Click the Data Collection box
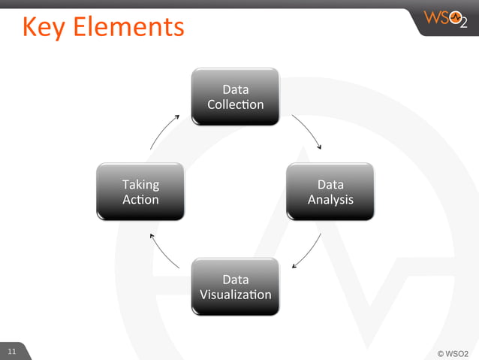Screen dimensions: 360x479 (235, 96)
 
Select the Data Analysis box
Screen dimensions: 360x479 (330, 191)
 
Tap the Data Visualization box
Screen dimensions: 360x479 (235, 286)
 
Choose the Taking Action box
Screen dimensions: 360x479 (140, 191)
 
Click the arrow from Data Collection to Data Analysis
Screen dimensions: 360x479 (308, 131)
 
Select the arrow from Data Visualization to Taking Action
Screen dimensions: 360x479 (163, 251)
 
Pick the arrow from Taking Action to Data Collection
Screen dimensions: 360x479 (163, 131)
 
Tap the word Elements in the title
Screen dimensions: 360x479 (132, 27)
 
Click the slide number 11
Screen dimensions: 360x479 (12, 352)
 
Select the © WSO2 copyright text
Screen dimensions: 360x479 (453, 352)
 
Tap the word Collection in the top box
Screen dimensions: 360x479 (235, 104)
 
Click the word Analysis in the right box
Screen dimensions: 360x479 (330, 199)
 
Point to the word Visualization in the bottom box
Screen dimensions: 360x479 (235, 295)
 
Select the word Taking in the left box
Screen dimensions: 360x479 (140, 183)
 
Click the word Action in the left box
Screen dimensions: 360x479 (140, 199)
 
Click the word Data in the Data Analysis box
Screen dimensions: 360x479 (330, 183)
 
